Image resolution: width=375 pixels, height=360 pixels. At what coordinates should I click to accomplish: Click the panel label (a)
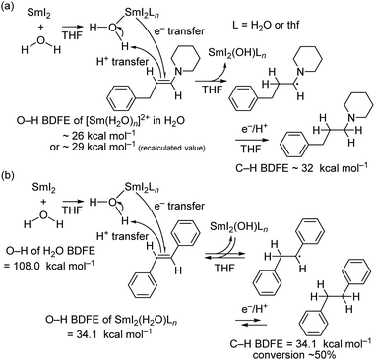coord(9,8)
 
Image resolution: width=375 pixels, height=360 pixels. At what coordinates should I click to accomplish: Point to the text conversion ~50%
coord(307,351)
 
